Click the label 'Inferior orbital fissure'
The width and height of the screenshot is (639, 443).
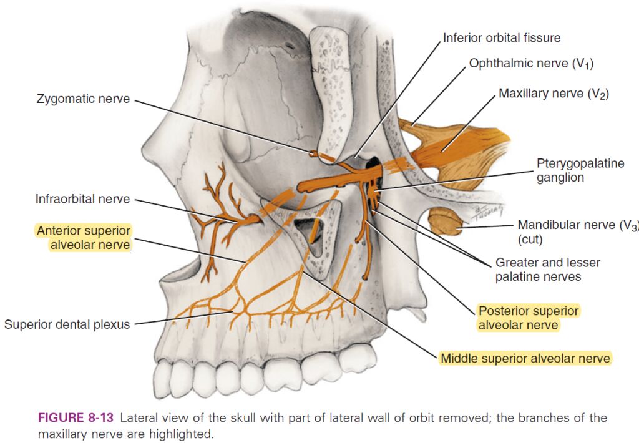(502, 38)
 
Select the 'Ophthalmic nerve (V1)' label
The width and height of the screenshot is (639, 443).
(535, 64)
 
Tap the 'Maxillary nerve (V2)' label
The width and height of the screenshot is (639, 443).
(554, 94)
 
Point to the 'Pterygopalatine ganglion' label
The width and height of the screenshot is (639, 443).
(580, 170)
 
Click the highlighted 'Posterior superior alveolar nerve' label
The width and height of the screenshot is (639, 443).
(528, 318)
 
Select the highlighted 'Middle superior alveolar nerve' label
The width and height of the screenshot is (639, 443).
(525, 358)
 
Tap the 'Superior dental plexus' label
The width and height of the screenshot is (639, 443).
(67, 324)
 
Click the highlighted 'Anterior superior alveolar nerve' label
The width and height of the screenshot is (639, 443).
(83, 238)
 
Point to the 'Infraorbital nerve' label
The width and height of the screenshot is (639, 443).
(82, 199)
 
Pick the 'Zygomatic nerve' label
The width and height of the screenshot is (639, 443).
(83, 99)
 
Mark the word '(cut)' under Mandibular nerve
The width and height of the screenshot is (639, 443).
(530, 239)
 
